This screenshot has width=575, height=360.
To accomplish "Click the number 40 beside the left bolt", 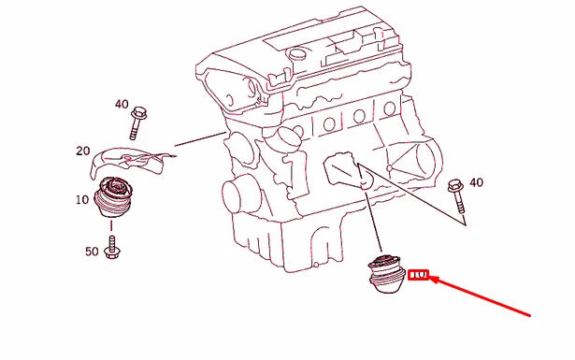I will pyautogui.click(x=122, y=105).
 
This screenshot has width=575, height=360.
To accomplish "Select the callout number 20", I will pyautogui.click(x=83, y=151).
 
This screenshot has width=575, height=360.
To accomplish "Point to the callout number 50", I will pyautogui.click(x=91, y=252).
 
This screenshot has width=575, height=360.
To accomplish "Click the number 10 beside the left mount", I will pyautogui.click(x=82, y=199).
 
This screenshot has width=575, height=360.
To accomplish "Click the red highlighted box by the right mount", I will pyautogui.click(x=420, y=275).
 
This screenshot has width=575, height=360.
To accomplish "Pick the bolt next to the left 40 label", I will pyautogui.click(x=141, y=119).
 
